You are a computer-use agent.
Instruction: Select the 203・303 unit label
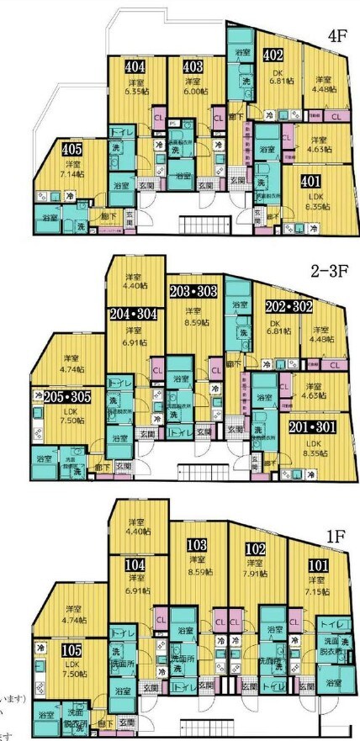pos(193,292)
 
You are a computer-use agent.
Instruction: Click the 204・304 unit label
pos(133,314)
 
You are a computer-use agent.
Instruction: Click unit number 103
pos(198,546)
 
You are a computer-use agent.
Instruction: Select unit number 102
pos(256,548)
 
